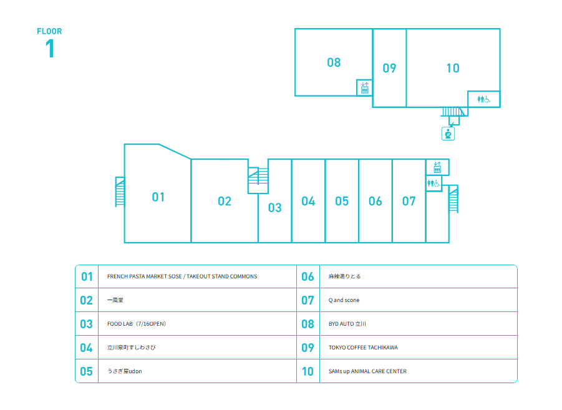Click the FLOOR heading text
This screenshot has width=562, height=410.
coord(49,31)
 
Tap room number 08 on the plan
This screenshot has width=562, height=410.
coord(334,62)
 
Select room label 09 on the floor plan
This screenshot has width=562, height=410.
coord(389,68)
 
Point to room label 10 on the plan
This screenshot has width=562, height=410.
coord(453,68)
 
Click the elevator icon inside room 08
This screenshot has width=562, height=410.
coord(364,88)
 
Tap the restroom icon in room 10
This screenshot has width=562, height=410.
coord(483,99)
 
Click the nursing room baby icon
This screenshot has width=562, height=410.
coord(448,134)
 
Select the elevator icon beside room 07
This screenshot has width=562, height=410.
coord(437,167)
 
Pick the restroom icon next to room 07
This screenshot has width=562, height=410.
coord(434,183)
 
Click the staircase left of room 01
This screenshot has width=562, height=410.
coord(120,192)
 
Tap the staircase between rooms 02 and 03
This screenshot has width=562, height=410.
coord(258,180)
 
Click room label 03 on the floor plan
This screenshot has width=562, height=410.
coord(275,208)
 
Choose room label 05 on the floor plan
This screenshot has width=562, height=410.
coord(342,201)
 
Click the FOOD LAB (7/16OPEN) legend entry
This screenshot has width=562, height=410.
coord(137,323)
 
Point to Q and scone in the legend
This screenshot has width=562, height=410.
coord(344,300)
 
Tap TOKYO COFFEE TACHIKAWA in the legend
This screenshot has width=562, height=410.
coord(363,347)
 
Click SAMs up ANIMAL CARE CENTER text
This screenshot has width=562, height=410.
coord(367,371)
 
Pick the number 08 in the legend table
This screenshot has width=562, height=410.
coord(308,324)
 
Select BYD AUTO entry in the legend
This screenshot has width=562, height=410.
coord(347,323)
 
